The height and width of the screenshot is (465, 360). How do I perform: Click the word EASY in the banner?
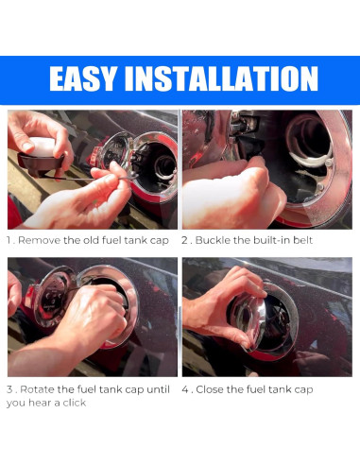click(x=82, y=78)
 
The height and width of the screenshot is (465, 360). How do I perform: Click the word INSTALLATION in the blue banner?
click(x=221, y=78)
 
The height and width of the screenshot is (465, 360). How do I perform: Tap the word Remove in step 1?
click(x=40, y=240)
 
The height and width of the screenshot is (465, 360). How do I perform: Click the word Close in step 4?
click(x=210, y=389)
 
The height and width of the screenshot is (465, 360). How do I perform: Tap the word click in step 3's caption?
click(x=75, y=403)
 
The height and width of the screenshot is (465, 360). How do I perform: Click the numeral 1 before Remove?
click(x=9, y=240)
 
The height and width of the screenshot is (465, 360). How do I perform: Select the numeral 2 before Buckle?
click(x=185, y=240)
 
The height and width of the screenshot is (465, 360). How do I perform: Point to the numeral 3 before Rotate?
click(x=9, y=389)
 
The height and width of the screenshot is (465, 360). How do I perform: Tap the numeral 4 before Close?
click(x=185, y=389)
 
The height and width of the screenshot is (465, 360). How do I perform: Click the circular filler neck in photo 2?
click(x=309, y=139)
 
